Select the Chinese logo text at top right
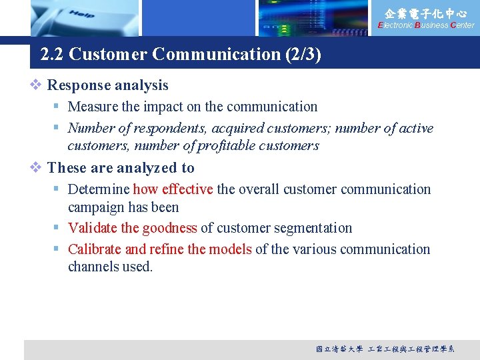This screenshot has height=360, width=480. point(426,13)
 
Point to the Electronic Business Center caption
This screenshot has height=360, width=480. point(426,25)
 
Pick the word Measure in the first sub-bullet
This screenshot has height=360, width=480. point(93,107)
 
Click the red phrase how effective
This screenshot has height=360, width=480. point(173,189)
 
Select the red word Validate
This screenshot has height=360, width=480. point(93,228)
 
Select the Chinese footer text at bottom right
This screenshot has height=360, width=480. point(385,349)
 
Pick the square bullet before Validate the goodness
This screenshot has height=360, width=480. point(58,228)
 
